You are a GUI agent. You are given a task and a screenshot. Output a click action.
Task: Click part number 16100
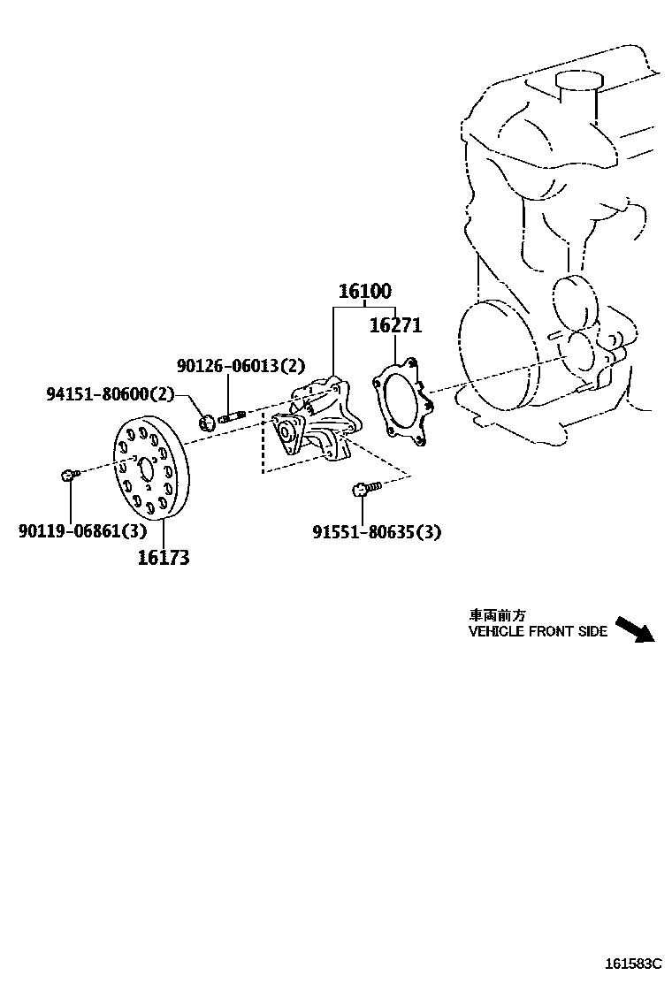(364, 292)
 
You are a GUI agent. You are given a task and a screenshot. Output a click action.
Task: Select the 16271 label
(395, 325)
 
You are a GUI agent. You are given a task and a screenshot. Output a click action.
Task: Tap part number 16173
(164, 557)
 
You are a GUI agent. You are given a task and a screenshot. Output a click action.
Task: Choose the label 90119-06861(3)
(82, 530)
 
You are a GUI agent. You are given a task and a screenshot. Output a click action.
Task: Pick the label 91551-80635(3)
(377, 531)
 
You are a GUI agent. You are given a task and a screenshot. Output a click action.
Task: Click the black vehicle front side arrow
(634, 629)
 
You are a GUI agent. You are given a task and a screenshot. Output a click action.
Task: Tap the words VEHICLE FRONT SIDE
(538, 632)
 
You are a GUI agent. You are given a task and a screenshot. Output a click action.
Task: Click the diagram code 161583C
(633, 963)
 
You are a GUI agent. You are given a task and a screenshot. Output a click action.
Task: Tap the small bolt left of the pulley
(69, 476)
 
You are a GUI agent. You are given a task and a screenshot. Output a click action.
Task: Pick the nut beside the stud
(207, 422)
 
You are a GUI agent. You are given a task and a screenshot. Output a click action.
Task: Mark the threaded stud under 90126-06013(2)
(233, 415)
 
